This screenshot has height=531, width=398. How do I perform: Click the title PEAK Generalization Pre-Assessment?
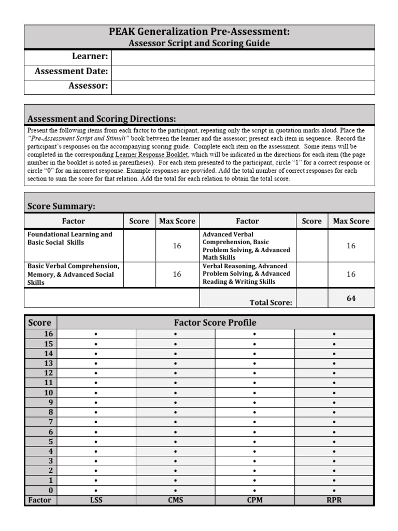200,32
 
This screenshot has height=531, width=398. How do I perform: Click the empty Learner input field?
243,57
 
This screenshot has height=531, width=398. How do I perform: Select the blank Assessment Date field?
243,72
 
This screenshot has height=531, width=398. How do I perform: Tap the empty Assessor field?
243,87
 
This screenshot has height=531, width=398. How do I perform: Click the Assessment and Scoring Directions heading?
101,118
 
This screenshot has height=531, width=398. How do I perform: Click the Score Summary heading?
61,206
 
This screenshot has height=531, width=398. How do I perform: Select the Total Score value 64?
351,298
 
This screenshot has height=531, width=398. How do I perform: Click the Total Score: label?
271,302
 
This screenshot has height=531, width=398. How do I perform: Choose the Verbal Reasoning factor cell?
247,274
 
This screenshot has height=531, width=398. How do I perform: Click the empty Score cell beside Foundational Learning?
139,245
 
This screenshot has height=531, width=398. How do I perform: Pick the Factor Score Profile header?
215,323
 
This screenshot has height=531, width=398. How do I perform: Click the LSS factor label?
96,500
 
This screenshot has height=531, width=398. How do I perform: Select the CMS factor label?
175,500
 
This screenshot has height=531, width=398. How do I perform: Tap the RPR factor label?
334,500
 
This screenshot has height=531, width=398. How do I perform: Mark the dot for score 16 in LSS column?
96,334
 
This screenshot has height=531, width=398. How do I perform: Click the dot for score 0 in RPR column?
334,491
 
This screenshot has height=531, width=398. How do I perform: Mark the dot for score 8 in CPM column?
254,412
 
